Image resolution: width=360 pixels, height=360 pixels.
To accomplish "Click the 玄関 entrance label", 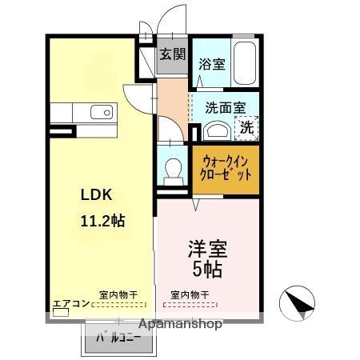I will tap(171, 54).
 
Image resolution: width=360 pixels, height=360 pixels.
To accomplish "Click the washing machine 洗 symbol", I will tap(246, 126).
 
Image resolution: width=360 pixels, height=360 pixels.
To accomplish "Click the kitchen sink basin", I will tap(100, 112).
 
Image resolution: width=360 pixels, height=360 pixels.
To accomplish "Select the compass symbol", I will tap(296, 302).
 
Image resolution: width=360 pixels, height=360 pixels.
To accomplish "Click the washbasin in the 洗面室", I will tap(215, 130).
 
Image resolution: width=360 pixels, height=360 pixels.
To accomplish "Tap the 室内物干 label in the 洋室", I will tap(190, 294).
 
